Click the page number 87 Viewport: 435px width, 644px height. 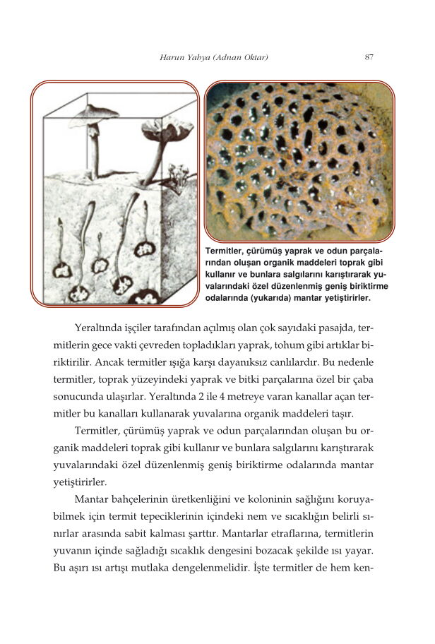tap(369, 57)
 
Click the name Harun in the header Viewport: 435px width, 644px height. tap(172, 57)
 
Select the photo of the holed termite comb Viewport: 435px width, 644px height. tap(299, 160)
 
